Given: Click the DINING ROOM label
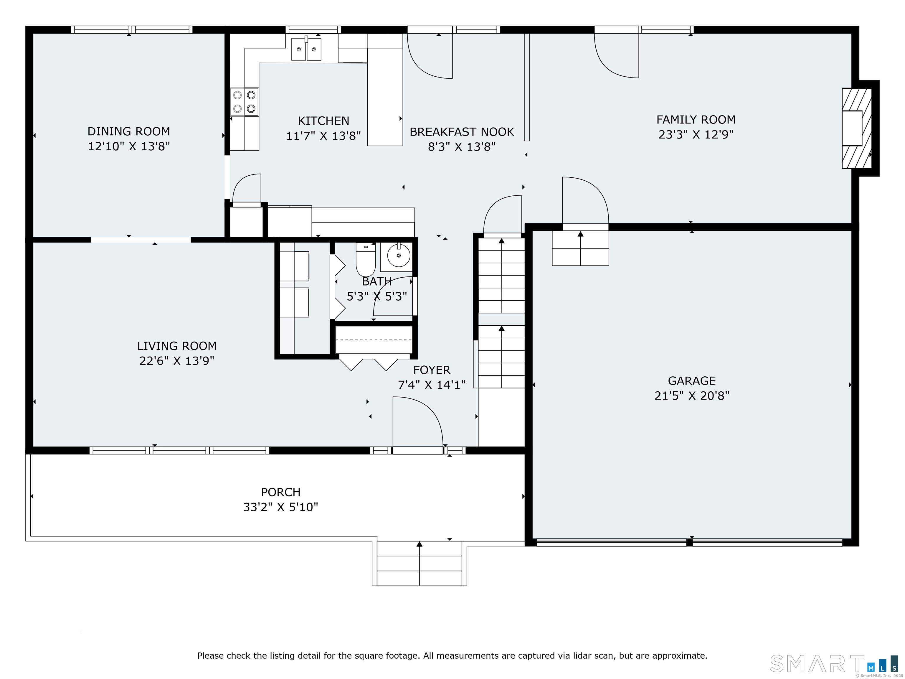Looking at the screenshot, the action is [129, 131].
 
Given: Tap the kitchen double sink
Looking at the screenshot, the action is [306, 49].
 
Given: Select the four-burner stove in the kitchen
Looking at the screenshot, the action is [244, 102].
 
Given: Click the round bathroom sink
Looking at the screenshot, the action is [399, 256].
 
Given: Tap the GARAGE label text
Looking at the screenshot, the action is [692, 381].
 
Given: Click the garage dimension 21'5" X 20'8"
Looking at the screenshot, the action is [692, 396].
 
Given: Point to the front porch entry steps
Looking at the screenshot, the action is [420, 563].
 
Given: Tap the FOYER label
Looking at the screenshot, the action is [432, 370].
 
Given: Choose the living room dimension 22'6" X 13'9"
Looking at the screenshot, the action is [177, 361].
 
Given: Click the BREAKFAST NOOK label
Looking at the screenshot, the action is [462, 132].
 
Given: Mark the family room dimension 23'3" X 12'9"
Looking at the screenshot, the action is [696, 135].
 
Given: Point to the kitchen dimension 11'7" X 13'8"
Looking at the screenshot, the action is [323, 136].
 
